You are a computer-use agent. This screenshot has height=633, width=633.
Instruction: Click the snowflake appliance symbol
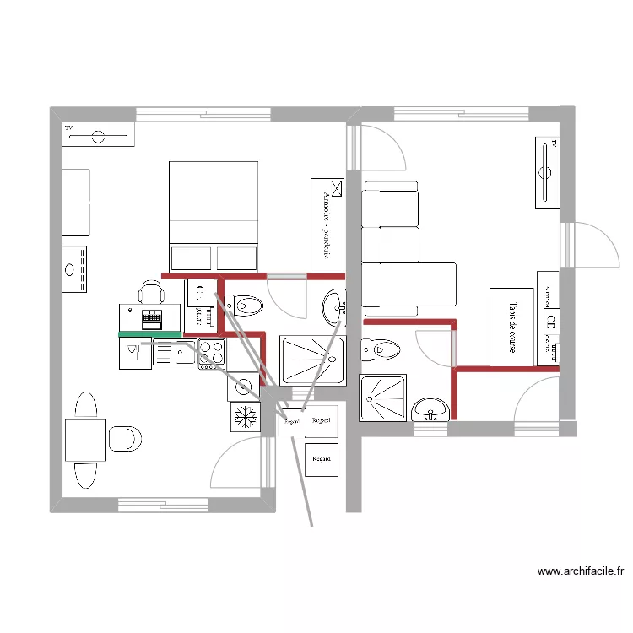coord(246,416)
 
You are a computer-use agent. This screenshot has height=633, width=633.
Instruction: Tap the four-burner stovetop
coord(211,354)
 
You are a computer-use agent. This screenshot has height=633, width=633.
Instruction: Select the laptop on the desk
coord(152,319)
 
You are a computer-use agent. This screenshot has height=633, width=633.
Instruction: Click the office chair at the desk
coord(151,293)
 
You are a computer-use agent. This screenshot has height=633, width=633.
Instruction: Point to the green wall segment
coord(150,334)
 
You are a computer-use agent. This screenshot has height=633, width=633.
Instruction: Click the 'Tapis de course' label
coord(511,327)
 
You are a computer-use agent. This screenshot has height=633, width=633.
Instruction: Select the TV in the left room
coord(98,134)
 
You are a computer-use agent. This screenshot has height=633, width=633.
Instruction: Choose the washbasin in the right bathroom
coord(431,409)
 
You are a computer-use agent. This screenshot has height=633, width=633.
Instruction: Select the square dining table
coord(85,441)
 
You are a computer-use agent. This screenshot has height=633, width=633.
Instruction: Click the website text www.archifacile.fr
coord(580,571)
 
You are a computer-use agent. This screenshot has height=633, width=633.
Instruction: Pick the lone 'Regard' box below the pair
coord(322,459)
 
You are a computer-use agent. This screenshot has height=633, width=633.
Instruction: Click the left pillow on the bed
coord(191,257)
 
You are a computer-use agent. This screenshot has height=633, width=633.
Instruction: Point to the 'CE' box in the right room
coord(550,321)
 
